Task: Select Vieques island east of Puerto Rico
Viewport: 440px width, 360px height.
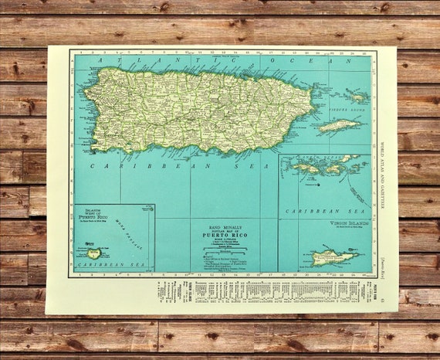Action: (339, 124)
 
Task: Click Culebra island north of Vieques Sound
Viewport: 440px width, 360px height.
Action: (357, 97)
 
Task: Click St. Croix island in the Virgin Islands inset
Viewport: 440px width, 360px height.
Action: (334, 256)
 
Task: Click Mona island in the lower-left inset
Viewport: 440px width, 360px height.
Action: (94, 253)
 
